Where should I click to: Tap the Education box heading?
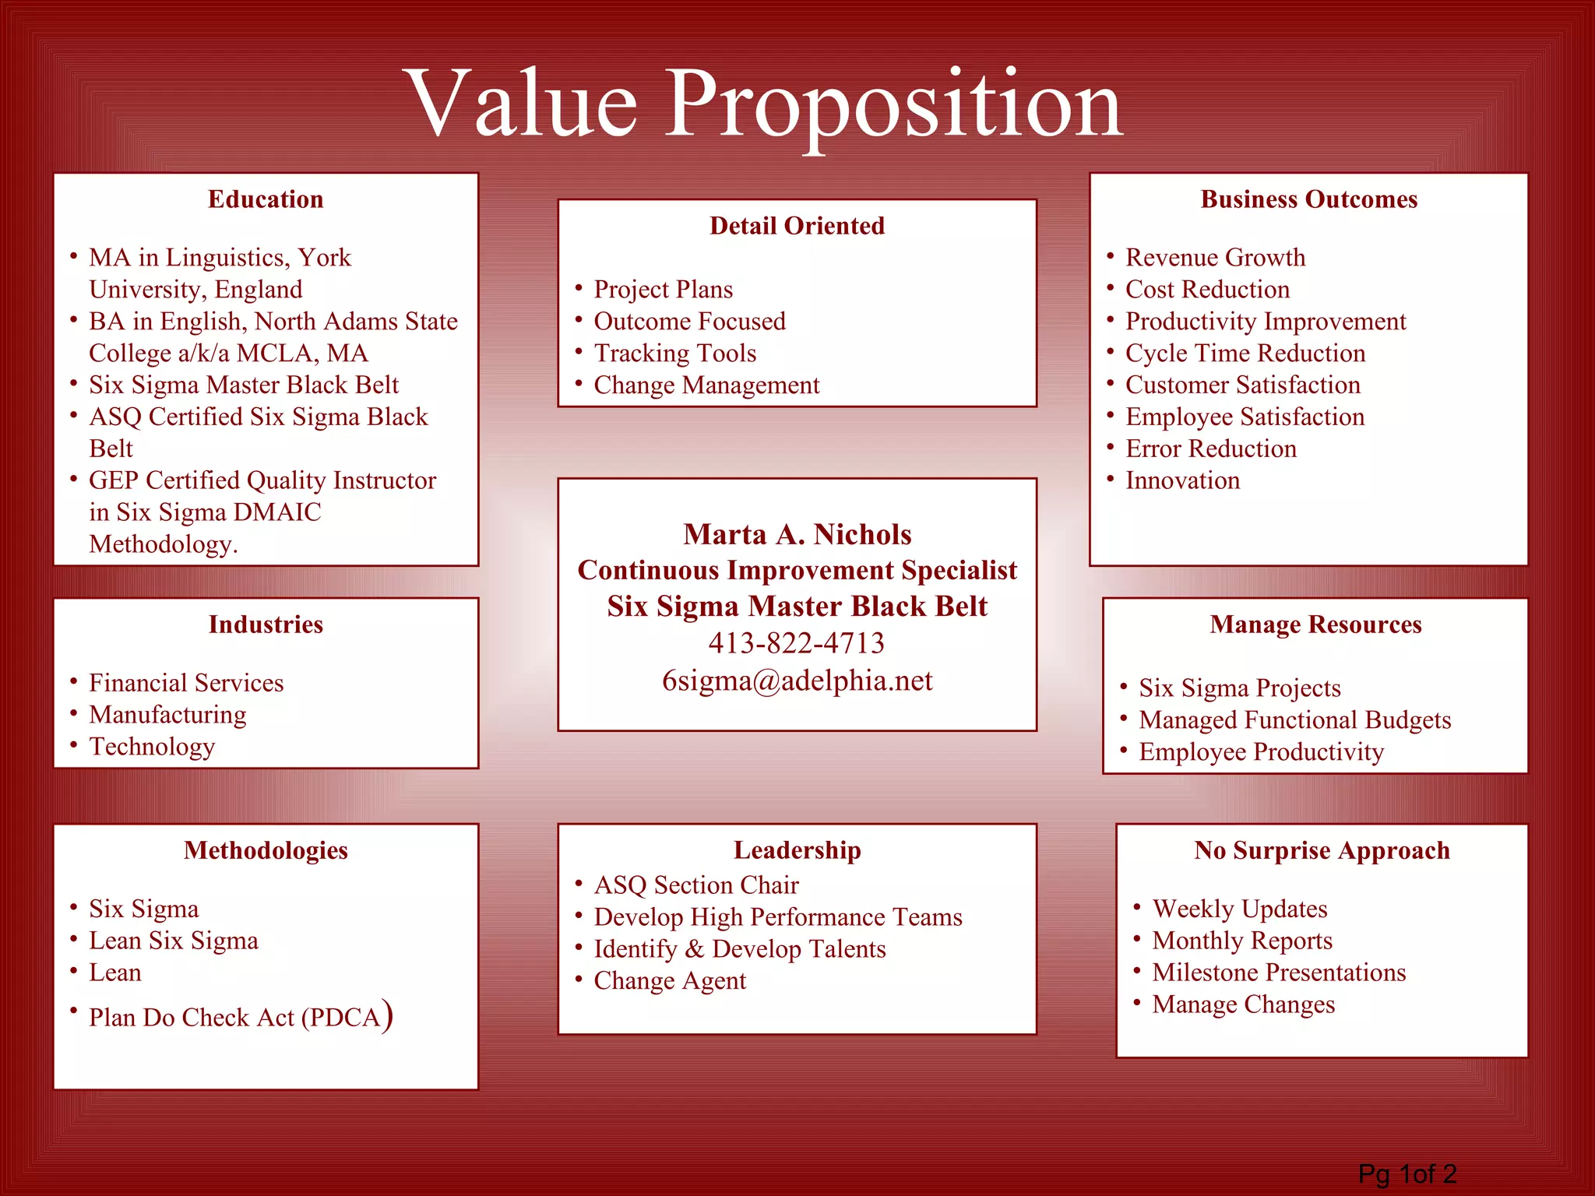[x=266, y=199]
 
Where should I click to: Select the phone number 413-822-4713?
[x=796, y=643]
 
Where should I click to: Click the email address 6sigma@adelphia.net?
[x=797, y=681]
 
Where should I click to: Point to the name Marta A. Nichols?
[x=797, y=534]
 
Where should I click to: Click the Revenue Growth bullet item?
[x=1215, y=257]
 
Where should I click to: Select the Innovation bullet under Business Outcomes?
[x=1182, y=480]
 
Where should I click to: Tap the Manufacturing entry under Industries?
[x=167, y=714]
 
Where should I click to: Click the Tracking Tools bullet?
[x=674, y=353]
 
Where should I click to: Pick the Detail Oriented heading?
[x=797, y=226]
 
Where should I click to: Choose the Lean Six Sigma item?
[x=173, y=941]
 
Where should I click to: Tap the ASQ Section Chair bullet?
[x=695, y=885]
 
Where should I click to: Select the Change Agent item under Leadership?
[x=669, y=980]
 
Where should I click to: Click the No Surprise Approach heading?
[x=1322, y=850]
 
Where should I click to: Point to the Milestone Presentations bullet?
[x=1279, y=973]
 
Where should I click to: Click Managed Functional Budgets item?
[x=1294, y=719]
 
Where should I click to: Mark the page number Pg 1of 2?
[x=1407, y=1173]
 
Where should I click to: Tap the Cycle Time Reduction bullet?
[x=1245, y=353]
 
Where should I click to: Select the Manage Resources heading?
[x=1315, y=624]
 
